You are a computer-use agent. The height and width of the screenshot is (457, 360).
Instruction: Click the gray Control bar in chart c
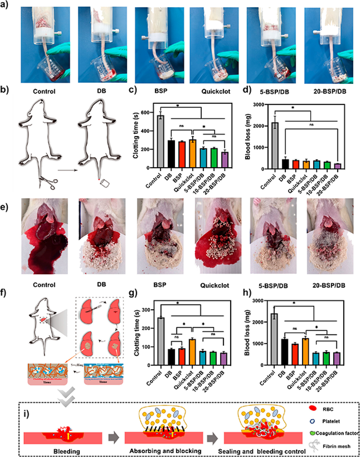pos(159,142)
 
